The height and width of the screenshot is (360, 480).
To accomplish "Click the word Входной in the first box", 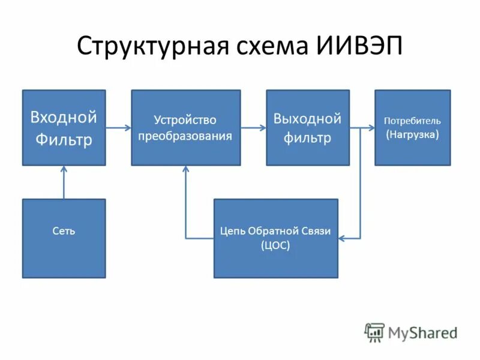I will click(64, 117).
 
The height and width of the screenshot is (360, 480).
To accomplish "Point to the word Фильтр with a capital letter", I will click(64, 139).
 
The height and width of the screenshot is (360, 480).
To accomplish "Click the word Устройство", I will click(185, 121).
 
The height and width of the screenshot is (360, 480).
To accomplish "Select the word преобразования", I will click(185, 136).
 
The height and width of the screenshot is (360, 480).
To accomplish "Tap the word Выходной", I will click(307, 118).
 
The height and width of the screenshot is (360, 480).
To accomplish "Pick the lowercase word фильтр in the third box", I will click(307, 139).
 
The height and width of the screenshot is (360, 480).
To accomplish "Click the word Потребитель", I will click(412, 121).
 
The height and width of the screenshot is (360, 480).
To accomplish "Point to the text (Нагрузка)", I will click(412, 134).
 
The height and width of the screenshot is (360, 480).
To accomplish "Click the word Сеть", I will click(64, 231).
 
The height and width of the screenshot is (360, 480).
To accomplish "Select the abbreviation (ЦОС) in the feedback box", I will click(275, 245).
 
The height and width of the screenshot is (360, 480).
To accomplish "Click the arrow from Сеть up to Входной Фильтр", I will click(64, 183).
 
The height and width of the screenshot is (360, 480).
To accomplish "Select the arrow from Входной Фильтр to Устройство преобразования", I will click(118, 127).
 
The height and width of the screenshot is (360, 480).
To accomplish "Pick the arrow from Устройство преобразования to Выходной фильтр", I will click(253, 127).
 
